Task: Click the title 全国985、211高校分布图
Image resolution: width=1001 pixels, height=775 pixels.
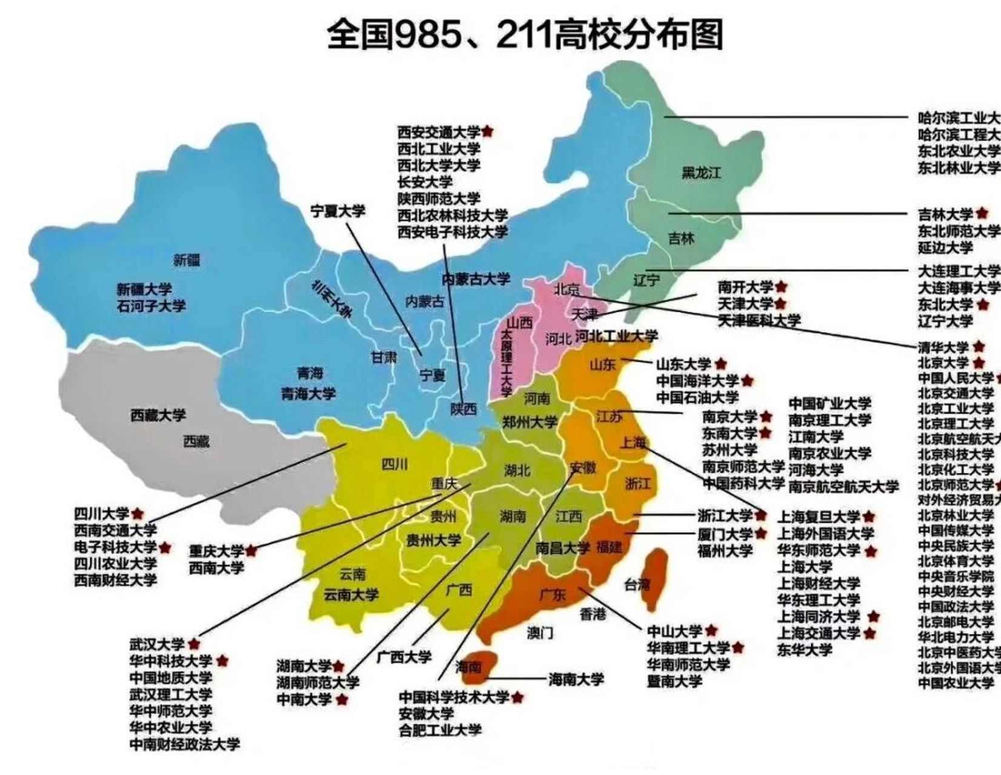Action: (x=525, y=35)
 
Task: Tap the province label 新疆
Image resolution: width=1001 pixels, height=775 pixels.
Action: (x=187, y=260)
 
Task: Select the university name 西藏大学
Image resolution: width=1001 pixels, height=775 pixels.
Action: (x=158, y=415)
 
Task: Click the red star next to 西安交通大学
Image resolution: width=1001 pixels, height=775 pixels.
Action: (x=488, y=131)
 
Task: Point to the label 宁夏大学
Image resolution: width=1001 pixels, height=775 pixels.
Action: (x=338, y=211)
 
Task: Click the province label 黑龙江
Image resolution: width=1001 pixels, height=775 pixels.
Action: (x=701, y=173)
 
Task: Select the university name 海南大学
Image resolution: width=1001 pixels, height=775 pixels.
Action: (x=576, y=679)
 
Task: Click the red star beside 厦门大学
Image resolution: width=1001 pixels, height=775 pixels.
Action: (x=761, y=533)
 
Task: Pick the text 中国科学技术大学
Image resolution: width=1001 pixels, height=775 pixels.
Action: (x=454, y=697)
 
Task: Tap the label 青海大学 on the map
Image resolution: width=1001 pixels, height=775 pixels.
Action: (x=308, y=394)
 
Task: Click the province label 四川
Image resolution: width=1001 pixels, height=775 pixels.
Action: (x=394, y=465)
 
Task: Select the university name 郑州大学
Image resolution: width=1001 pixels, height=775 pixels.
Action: (x=530, y=422)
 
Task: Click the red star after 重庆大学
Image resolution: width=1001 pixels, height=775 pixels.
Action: (x=251, y=550)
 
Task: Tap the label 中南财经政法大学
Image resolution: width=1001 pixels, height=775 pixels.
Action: (x=185, y=744)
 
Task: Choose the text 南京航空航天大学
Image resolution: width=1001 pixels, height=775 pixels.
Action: (x=843, y=486)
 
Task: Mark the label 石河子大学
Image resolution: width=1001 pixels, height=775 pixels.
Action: (x=151, y=306)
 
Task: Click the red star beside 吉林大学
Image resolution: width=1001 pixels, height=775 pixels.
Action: (x=982, y=213)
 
